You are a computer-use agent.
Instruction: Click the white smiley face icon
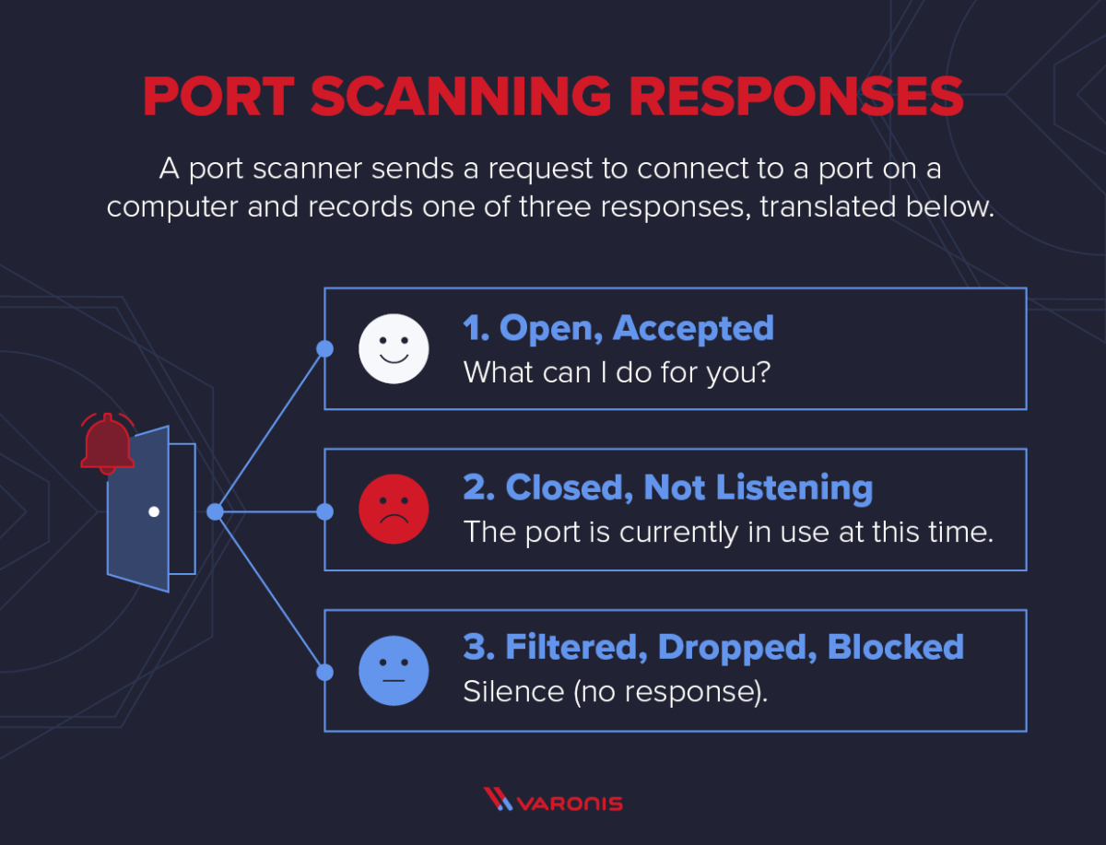pyautogui.click(x=394, y=348)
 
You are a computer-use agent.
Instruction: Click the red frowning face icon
pyautogui.click(x=394, y=510)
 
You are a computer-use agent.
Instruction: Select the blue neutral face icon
pyautogui.click(x=394, y=670)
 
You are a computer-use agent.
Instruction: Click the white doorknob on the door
pyautogui.click(x=154, y=511)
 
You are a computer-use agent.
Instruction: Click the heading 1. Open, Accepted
pyautogui.click(x=618, y=328)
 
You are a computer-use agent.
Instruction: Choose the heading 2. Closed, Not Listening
pyautogui.click(x=667, y=488)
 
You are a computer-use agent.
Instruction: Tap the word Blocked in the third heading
pyautogui.click(x=895, y=647)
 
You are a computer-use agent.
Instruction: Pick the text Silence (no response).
pyautogui.click(x=615, y=692)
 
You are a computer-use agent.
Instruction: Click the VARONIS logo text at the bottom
pyautogui.click(x=570, y=803)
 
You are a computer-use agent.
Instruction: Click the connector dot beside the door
pyautogui.click(x=215, y=511)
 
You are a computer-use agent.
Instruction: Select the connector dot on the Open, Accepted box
pyautogui.click(x=324, y=348)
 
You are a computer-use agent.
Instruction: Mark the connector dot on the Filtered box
pyautogui.click(x=324, y=672)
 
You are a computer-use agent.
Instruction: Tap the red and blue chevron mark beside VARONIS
pyautogui.click(x=498, y=800)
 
